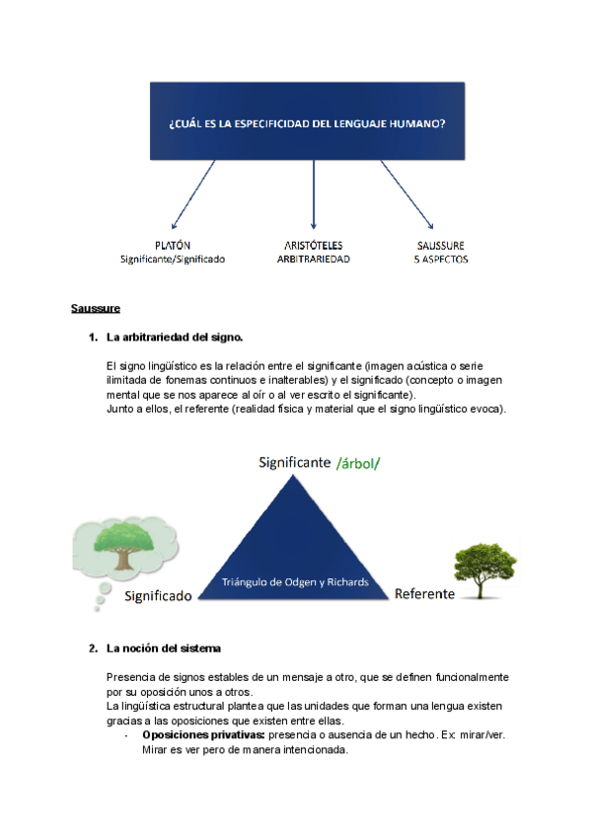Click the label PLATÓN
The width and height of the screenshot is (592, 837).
point(173,245)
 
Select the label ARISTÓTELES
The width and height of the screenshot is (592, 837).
point(314,245)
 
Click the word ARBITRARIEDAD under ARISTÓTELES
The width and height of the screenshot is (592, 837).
point(314,260)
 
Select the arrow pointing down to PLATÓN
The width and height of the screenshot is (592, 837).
point(193,194)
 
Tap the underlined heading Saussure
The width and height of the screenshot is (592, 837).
point(96,309)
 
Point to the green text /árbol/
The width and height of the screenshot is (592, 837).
point(358,462)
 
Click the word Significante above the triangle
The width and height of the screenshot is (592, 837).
point(293,462)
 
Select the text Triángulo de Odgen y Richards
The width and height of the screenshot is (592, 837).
point(296,582)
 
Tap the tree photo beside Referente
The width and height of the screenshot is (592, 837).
point(484,569)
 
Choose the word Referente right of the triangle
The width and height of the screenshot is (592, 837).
point(424,594)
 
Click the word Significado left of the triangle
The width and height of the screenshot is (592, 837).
point(157,596)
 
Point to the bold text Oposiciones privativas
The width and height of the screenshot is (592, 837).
point(203,735)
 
